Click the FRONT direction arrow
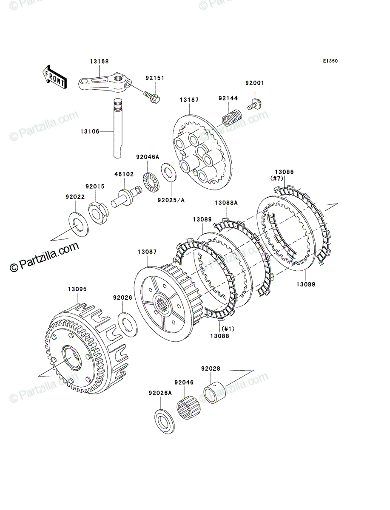(x=54, y=76)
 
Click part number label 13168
(x=100, y=61)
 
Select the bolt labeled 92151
(x=152, y=97)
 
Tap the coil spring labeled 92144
(x=232, y=117)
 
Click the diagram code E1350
(x=330, y=61)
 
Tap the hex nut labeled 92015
(x=99, y=213)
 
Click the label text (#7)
(x=276, y=178)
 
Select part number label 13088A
(x=226, y=203)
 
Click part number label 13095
(x=77, y=289)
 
